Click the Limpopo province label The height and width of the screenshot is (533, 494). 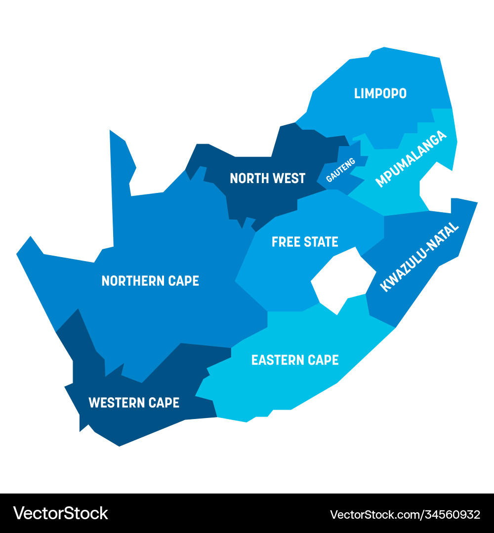380,93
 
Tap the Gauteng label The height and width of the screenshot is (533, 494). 341,169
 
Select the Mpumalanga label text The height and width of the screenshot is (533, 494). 411,159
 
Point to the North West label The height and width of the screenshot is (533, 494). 268,178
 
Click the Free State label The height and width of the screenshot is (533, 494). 305,242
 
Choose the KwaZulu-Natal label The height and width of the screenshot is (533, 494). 419,257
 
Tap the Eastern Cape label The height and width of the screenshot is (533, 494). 295,360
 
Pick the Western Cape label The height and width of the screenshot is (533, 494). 133,402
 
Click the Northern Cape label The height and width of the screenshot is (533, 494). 150,281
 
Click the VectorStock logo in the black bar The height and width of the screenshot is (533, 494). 61,513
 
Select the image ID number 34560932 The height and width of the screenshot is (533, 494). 447,514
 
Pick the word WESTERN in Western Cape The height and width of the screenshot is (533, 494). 116,402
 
